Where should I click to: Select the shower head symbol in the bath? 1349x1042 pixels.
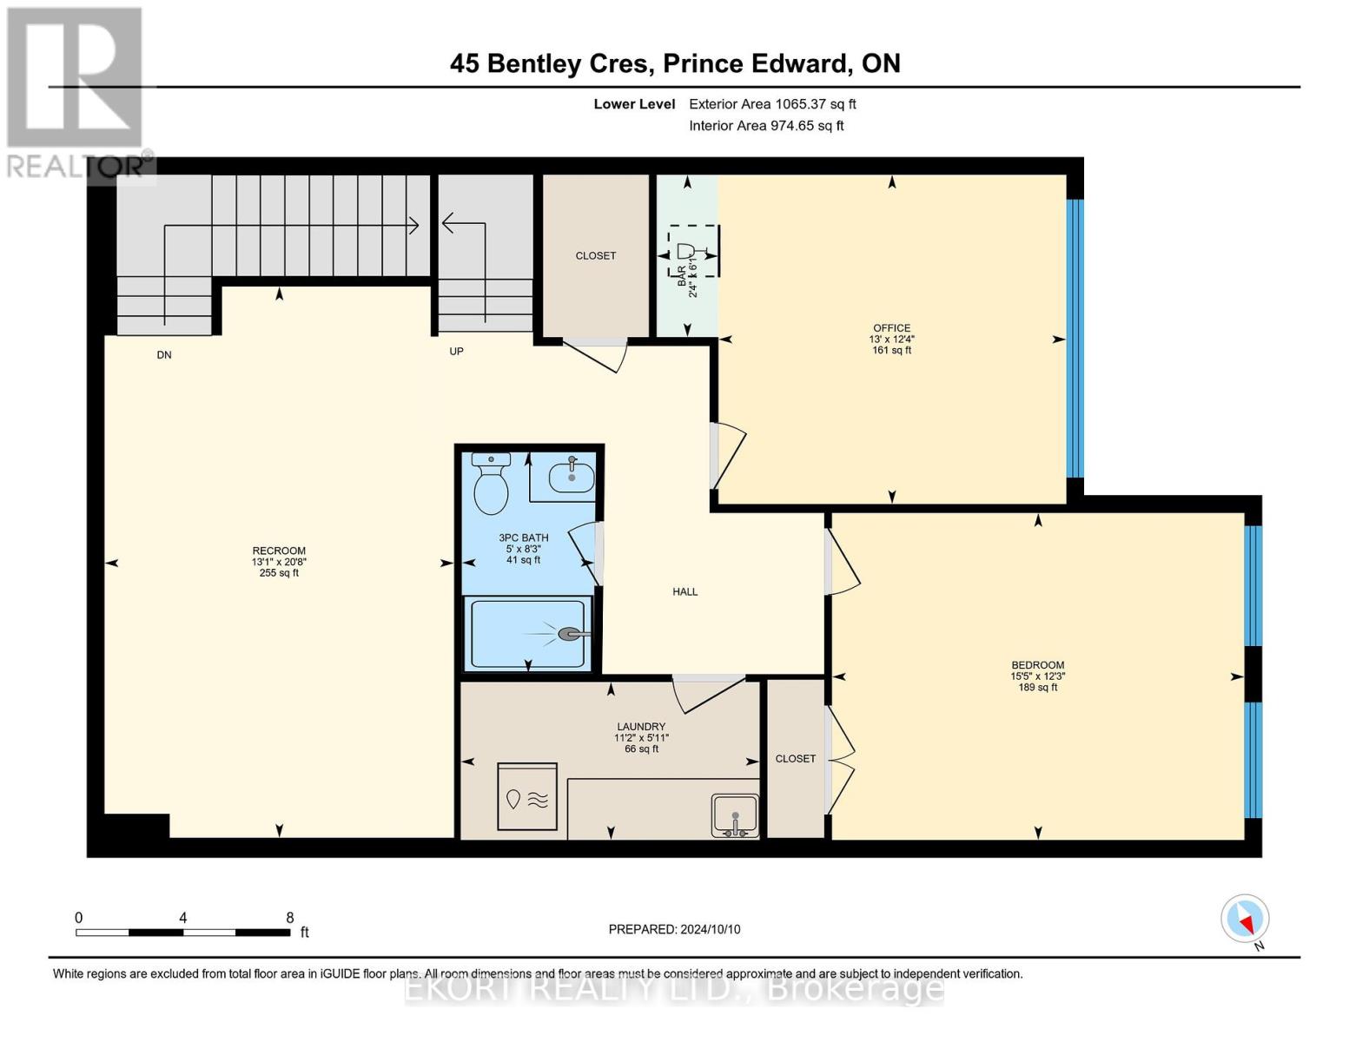tap(571, 634)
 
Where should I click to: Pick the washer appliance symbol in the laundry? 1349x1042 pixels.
tap(527, 797)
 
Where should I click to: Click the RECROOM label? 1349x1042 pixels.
tap(279, 551)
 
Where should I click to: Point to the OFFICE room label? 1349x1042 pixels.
tap(891, 328)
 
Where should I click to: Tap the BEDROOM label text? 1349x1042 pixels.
tap(1037, 665)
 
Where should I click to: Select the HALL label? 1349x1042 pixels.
tap(684, 592)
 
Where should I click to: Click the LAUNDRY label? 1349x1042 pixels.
tap(641, 727)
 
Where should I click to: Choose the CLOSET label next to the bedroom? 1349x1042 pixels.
tap(795, 759)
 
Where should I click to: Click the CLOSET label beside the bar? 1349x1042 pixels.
tap(595, 256)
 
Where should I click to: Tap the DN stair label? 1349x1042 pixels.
tap(164, 355)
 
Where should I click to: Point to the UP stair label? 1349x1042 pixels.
tap(456, 352)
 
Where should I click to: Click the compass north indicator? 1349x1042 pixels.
tap(1246, 919)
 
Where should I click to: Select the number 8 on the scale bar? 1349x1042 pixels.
tap(290, 918)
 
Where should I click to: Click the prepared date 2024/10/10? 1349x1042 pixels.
tap(711, 929)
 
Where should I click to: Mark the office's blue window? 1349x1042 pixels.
tap(1075, 339)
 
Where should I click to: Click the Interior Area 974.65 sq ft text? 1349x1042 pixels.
tap(766, 126)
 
